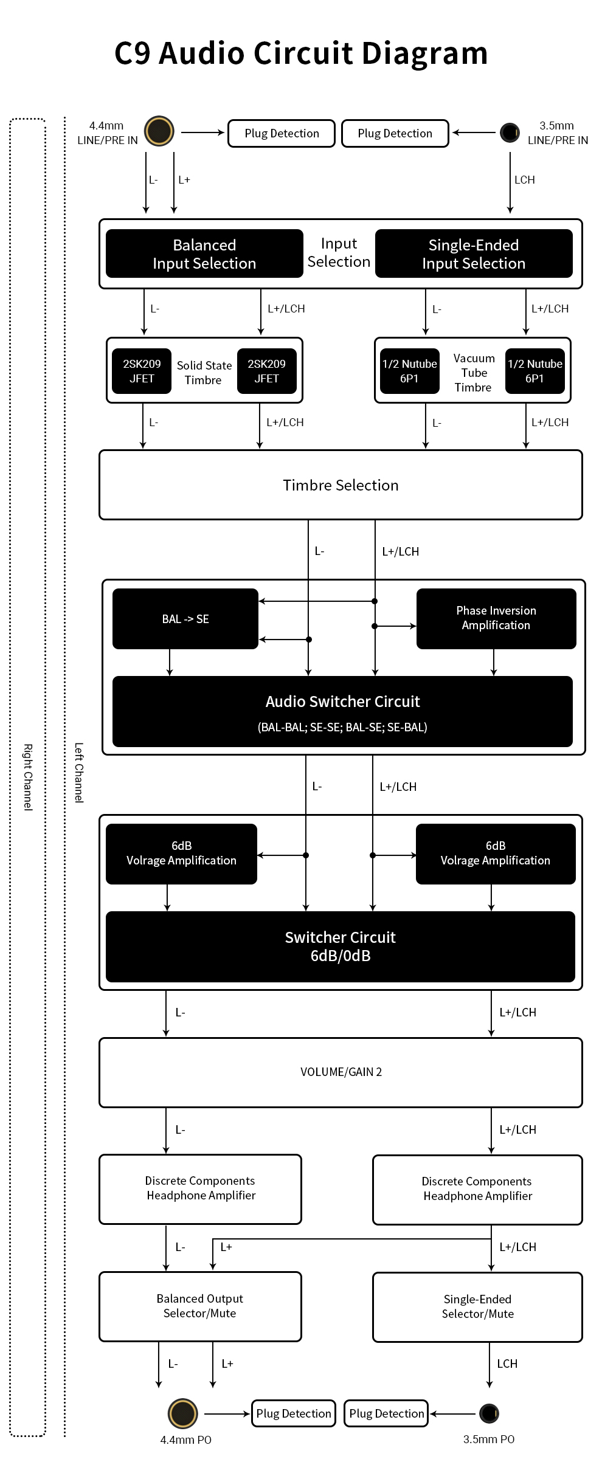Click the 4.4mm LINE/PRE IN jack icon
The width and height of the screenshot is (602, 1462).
pos(159,131)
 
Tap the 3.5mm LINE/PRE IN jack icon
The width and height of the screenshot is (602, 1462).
pos(510,132)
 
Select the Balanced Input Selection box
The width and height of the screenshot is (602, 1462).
pos(204,253)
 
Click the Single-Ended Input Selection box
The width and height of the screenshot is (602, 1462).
pos(474,253)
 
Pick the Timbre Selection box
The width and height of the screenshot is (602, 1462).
pos(341,485)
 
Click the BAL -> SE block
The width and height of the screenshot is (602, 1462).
pos(185,619)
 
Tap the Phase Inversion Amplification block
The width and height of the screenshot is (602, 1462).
pos(496,619)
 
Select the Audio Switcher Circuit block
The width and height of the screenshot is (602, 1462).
pos(342,711)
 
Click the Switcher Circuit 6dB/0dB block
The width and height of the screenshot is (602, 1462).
pos(341,947)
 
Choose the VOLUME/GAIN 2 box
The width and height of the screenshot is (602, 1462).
pos(341,1072)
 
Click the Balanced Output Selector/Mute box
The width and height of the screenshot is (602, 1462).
pos(200,1306)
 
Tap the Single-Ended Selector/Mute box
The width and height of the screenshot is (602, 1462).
pos(477,1307)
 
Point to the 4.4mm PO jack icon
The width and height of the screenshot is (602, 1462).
pos(183,1413)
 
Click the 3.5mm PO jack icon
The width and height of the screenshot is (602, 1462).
pos(489,1413)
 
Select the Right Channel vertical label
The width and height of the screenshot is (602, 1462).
pos(28,777)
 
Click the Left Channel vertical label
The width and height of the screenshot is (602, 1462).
pos(79,773)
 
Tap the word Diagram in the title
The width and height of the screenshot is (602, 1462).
pos(425,53)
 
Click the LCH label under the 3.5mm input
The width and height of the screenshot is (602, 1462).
pos(525,180)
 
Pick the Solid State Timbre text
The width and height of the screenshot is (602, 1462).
pos(204,373)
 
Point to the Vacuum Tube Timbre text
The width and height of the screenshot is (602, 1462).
pos(474,373)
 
